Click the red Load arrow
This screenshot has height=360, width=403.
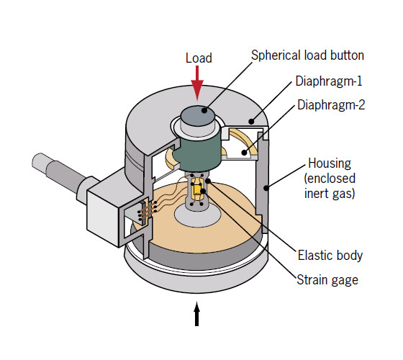197,85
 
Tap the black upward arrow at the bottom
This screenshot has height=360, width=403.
197,315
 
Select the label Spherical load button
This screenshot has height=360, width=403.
307,55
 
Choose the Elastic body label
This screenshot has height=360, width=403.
330,255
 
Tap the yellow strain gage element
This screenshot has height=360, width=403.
196,190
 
